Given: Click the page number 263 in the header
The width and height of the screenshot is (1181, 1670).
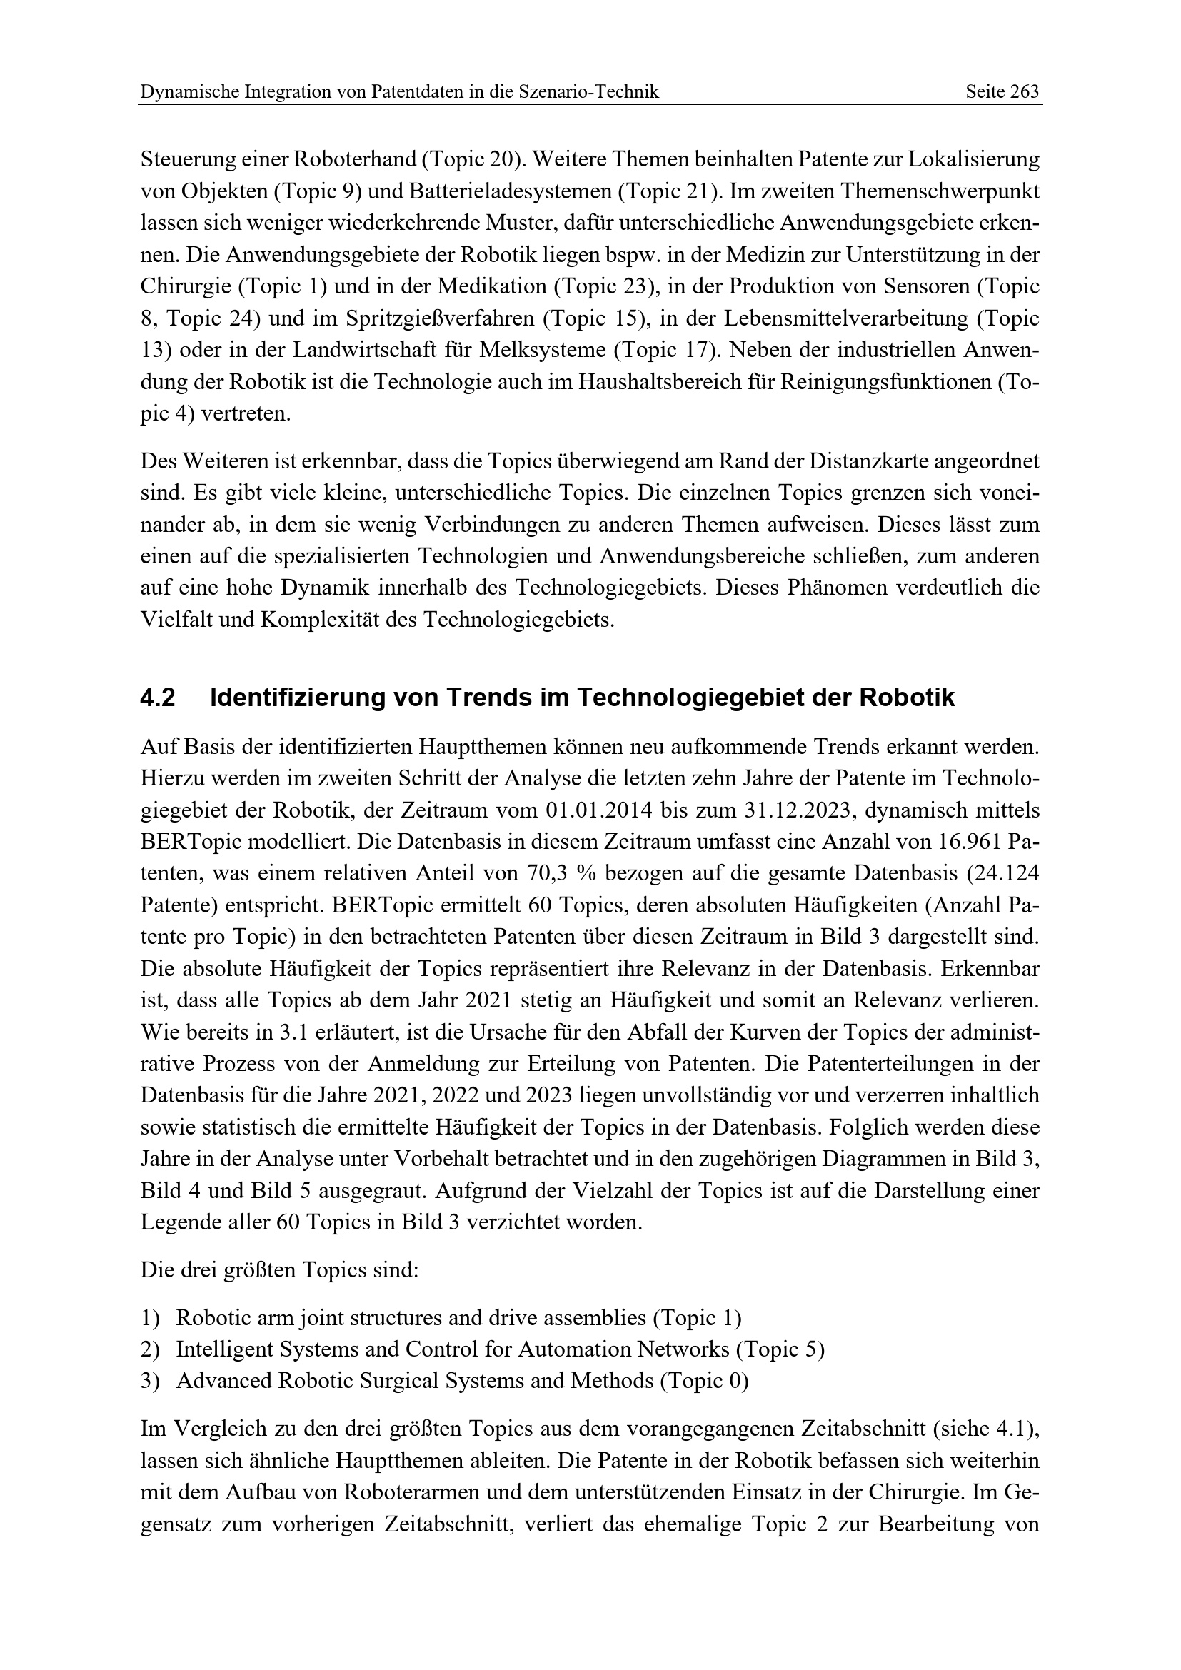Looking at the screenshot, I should tap(1024, 91).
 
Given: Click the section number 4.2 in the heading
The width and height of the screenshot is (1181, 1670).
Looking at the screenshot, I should tap(158, 698).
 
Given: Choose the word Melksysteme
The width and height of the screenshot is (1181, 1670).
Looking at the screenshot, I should tap(541, 350).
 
